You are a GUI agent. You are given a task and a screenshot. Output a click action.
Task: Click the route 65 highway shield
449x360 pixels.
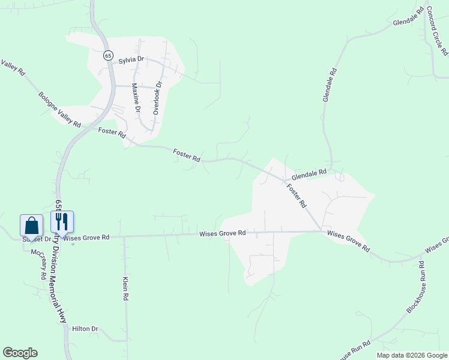pos(107,55)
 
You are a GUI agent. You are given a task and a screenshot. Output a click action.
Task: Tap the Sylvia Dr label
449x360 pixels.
pos(131,60)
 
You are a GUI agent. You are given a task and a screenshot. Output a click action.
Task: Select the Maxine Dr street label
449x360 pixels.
pos(136,98)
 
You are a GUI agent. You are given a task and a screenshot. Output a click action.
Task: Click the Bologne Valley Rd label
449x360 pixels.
pos(59,109)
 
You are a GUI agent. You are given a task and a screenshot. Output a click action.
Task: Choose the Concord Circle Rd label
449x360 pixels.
pos(436,31)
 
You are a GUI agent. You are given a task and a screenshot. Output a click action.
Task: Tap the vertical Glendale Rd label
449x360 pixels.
pos(330,84)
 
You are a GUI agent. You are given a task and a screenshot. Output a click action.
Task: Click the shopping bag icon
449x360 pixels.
pos(32,226)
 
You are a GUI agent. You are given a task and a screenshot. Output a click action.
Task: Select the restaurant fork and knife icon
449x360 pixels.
pos(62,222)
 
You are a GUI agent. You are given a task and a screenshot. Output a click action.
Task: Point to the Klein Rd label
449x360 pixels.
pos(126,289)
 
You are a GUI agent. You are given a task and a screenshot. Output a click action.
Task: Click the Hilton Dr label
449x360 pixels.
pos(85,329)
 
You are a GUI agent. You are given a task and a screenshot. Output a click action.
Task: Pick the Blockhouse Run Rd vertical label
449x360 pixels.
pos(415,287)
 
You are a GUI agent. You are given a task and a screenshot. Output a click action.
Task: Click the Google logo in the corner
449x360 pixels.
pos(20,353)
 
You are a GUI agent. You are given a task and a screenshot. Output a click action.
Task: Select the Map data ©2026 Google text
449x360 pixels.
pos(412,355)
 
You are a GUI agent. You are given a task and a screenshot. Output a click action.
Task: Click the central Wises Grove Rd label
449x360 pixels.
pos(223,233)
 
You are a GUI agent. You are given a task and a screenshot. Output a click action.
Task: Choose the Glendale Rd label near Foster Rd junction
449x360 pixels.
pos(309,175)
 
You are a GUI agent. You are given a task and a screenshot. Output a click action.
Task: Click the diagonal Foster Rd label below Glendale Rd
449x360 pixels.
pos(297,196)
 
